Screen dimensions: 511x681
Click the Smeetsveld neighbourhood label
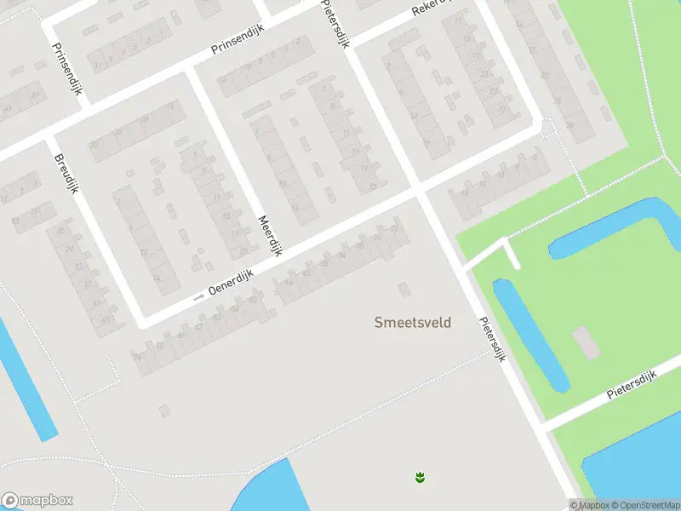[413, 322]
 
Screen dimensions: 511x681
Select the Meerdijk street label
[270, 236]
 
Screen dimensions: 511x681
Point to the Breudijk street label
[66, 173]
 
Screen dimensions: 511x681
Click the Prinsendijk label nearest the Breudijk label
[66, 69]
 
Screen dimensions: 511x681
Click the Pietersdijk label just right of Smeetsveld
[492, 340]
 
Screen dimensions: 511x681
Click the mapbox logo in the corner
[37, 501]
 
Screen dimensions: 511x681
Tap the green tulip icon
[420, 477]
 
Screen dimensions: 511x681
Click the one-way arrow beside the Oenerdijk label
[199, 296]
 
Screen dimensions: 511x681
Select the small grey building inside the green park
[587, 342]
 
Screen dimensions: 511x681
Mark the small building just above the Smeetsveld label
[404, 290]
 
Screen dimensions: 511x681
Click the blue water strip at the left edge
[26, 383]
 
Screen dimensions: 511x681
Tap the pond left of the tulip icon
[264, 490]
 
